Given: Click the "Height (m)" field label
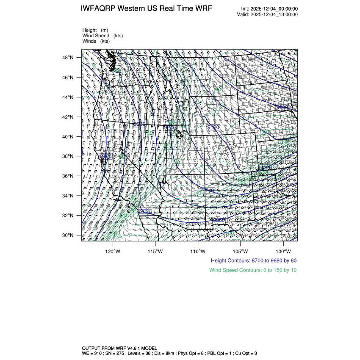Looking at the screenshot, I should coord(95,30).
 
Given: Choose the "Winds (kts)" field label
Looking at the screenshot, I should coord(96,41).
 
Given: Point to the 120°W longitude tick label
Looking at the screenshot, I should coord(113,250).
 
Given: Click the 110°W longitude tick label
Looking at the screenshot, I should coord(198,250).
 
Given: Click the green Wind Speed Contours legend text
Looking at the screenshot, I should coord(253,270).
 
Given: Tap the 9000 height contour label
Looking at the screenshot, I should coord(281,107).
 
